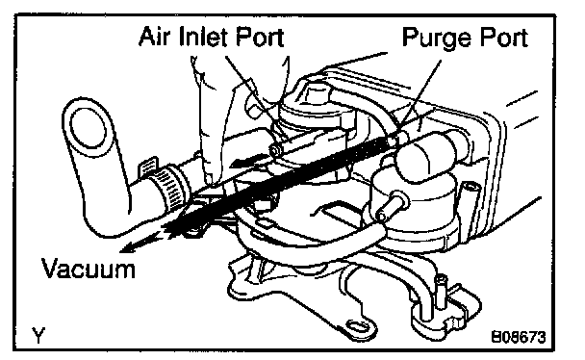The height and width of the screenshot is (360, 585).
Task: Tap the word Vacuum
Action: coord(89,268)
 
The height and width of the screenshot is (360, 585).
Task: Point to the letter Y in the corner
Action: coord(38,335)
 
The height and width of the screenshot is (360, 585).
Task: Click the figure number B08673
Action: coord(518,337)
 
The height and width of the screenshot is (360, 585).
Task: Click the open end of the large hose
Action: coord(89,129)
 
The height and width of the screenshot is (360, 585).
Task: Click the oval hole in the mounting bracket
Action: coord(358,325)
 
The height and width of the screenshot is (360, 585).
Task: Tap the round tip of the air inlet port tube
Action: coord(275,151)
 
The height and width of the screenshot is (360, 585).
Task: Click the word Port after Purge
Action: coord(503,38)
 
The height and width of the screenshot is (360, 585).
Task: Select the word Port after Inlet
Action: coord(260,37)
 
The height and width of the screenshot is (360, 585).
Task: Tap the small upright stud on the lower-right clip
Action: coord(441,291)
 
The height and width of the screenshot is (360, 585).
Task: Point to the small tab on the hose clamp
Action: coord(148,166)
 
